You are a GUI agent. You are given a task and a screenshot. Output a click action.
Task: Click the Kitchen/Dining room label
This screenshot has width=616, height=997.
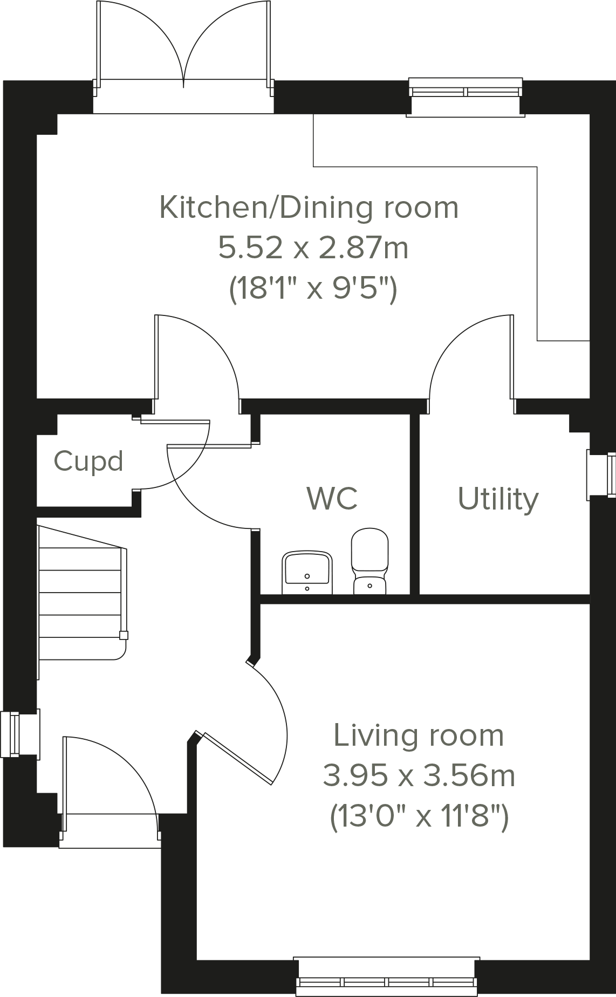[x=309, y=208]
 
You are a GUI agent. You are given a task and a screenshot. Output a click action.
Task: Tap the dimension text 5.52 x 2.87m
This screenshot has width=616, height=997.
[x=313, y=249]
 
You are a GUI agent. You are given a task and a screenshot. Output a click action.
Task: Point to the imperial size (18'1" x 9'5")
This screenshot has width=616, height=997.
[x=313, y=290]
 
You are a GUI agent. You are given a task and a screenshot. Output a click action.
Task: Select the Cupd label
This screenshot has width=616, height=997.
[x=88, y=462]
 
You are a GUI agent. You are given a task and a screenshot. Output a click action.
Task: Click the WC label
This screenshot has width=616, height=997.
[x=332, y=498]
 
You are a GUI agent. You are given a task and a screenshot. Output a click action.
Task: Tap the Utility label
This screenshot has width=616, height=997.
[x=498, y=499]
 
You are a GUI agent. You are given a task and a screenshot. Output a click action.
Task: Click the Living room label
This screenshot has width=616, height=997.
[x=419, y=735]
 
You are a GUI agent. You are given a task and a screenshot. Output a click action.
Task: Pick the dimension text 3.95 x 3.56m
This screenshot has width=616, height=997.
[x=419, y=776]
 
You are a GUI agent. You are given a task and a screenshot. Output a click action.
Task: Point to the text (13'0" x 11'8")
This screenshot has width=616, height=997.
[x=419, y=817]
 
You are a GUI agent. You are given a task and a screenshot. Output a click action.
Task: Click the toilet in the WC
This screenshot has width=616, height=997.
[x=369, y=561]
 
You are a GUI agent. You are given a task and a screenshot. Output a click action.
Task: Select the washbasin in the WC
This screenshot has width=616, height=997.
[x=307, y=572]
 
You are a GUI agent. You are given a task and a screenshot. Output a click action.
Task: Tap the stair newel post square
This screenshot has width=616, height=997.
[x=124, y=635]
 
